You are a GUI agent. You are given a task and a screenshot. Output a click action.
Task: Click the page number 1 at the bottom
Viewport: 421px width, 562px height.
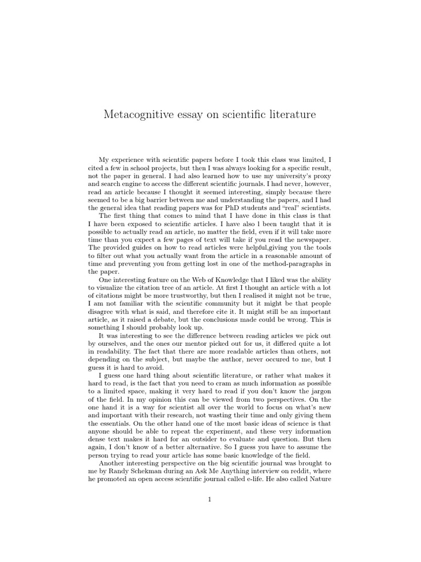click(x=210, y=499)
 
